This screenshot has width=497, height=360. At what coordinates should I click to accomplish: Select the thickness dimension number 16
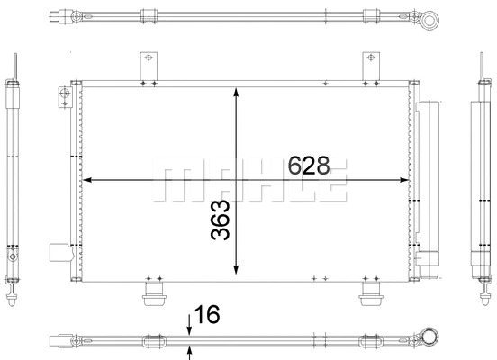pyautogui.click(x=206, y=314)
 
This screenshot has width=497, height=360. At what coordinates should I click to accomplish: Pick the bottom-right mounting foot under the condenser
pyautogui.click(x=371, y=292)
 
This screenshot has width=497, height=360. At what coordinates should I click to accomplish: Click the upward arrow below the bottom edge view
pyautogui.click(x=188, y=352)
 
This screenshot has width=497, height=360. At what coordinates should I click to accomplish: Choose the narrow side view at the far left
pyautogui.click(x=13, y=180)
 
